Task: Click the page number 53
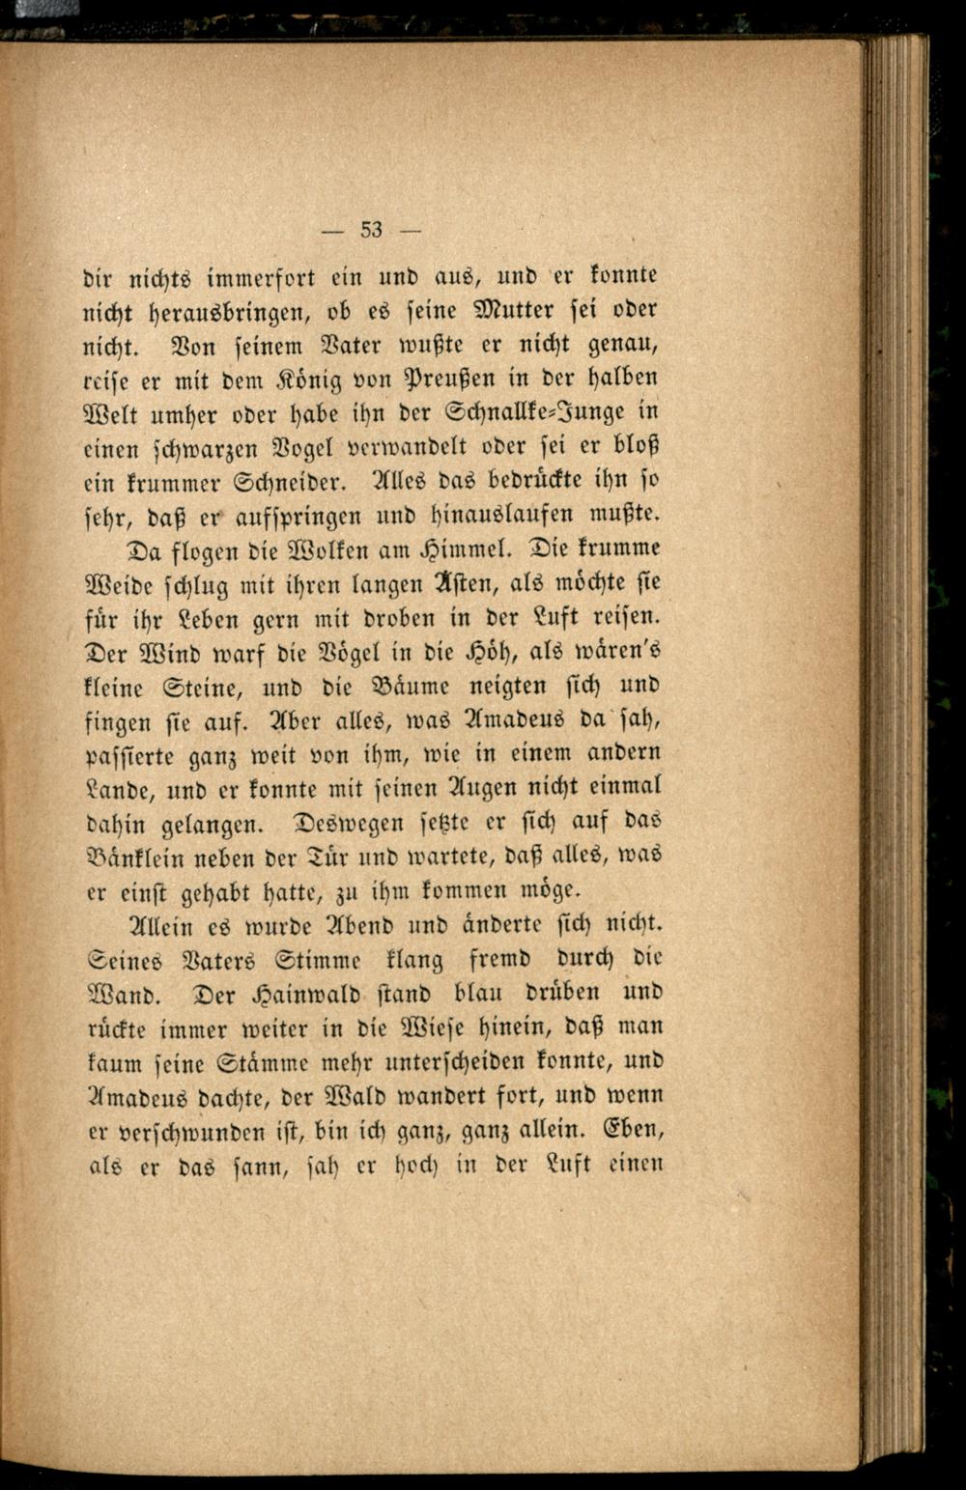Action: [x=372, y=230]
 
